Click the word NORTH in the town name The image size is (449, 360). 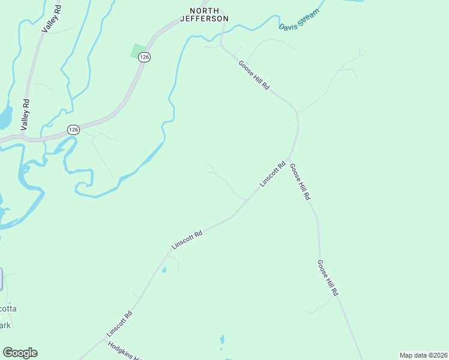tap(209, 11)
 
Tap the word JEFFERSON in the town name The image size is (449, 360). tap(205, 19)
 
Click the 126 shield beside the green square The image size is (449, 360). tap(143, 57)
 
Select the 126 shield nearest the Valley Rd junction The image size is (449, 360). tap(73, 130)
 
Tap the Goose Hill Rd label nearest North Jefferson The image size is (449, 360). tap(254, 75)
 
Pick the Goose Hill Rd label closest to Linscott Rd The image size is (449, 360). tap(300, 182)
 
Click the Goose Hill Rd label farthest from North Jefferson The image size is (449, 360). tap(328, 278)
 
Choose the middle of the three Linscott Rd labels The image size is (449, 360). tap(187, 237)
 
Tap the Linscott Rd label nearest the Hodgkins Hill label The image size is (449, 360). tap(119, 323)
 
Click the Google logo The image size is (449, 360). tap(20, 353)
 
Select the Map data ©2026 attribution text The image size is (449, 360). tap(423, 355)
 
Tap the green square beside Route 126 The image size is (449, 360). tap(138, 51)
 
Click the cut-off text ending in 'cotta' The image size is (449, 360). tap(8, 308)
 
